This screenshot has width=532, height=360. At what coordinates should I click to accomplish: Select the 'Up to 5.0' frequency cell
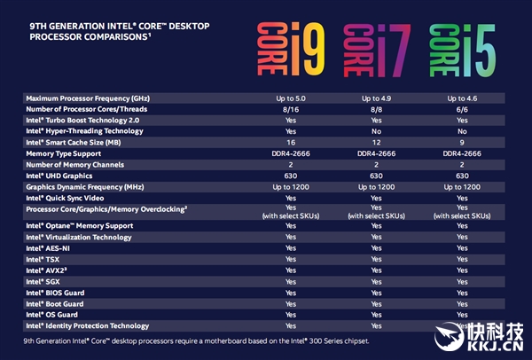(x=290, y=97)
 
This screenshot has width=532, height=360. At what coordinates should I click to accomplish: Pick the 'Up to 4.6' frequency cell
(x=462, y=97)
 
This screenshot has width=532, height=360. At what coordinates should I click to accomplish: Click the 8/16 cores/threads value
(x=290, y=108)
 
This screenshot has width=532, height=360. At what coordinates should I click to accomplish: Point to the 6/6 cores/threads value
(x=462, y=108)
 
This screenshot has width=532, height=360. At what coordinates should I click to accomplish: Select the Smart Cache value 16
(x=290, y=142)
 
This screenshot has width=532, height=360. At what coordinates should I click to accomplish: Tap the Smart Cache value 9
(x=462, y=142)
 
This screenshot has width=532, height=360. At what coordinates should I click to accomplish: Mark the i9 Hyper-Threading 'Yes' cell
(x=290, y=130)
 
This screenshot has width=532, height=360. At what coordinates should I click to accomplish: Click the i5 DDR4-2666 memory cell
(x=462, y=153)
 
